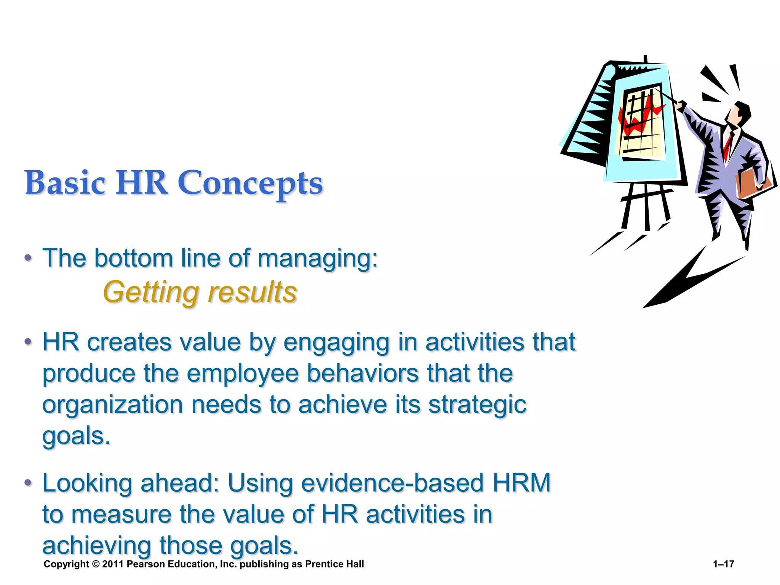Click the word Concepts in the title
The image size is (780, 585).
250,183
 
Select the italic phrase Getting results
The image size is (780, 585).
200,292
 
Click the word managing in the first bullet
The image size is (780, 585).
318,259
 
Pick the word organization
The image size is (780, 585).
113,404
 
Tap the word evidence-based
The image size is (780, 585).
393,483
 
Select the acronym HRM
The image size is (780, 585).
522,483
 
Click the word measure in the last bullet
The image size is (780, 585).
121,515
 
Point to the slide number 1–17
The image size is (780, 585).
723,564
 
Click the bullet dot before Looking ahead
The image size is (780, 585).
28,483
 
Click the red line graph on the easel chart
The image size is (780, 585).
640,118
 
